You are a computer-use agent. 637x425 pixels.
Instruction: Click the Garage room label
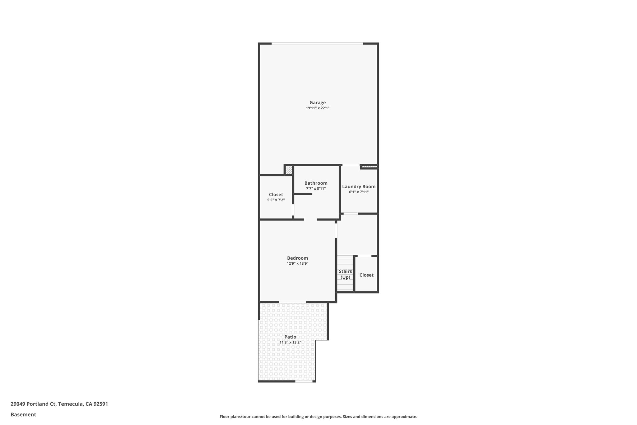click(317, 102)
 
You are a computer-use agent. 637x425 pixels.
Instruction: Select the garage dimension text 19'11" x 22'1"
click(317, 108)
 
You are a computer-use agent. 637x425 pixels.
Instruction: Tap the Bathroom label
click(316, 183)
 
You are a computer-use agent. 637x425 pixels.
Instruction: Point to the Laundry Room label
click(359, 187)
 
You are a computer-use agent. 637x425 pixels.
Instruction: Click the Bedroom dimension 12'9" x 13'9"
click(297, 263)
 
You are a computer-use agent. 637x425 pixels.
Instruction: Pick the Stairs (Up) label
click(345, 274)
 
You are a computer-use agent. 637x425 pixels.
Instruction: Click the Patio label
click(290, 337)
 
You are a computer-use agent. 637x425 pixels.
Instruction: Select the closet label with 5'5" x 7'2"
click(276, 195)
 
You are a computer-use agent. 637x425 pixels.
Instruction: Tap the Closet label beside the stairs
click(366, 275)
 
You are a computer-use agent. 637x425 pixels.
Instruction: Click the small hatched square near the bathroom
click(289, 170)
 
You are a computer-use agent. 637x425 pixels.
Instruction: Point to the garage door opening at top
click(317, 44)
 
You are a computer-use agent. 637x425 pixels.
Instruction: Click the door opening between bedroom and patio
click(292, 302)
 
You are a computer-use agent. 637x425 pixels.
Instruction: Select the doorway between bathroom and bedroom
click(310, 220)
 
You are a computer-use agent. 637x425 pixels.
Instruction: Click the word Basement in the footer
click(23, 414)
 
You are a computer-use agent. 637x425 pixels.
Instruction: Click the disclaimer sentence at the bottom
click(318, 417)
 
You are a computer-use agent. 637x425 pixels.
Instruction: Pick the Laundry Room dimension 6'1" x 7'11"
click(359, 192)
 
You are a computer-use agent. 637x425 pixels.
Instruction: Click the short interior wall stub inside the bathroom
click(303, 194)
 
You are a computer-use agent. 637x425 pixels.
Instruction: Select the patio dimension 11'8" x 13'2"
click(290, 342)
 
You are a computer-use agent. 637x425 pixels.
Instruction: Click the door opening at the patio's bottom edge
click(304, 381)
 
